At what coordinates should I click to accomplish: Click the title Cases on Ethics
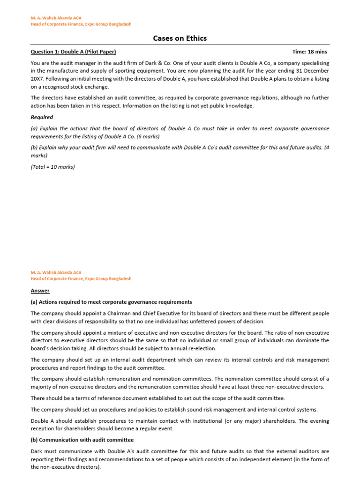(180, 38)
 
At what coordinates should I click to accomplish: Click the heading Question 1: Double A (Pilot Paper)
(73, 52)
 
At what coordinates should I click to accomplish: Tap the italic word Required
(42, 117)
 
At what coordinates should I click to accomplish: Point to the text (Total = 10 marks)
(52, 166)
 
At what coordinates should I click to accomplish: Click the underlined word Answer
(40, 290)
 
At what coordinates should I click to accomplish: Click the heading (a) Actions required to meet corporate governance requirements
(111, 302)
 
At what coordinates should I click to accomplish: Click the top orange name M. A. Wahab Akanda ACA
(56, 18)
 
